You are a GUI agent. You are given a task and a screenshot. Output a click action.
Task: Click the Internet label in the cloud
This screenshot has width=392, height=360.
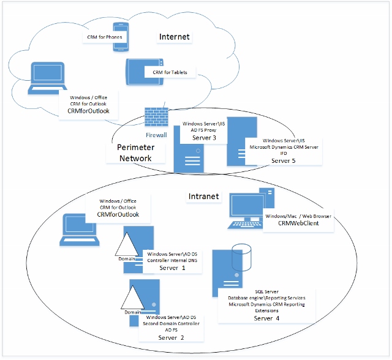tap(175, 37)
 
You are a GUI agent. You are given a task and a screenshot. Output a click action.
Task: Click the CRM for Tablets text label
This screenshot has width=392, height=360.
tap(170, 72)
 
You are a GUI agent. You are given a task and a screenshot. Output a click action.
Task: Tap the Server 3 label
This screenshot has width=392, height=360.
tap(204, 138)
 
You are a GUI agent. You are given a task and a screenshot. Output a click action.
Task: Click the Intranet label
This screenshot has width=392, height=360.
tap(203, 197)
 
